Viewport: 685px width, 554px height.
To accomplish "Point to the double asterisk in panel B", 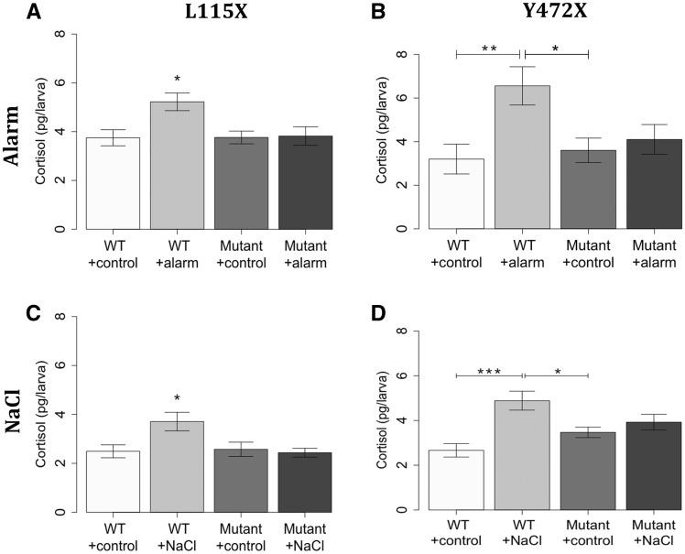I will pos(488,47).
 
